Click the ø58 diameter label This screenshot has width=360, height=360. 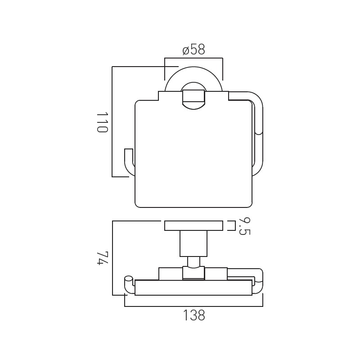(193, 50)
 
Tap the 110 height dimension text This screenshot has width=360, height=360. (102, 122)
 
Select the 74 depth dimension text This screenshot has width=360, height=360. (102, 258)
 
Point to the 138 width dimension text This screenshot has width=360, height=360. (194, 315)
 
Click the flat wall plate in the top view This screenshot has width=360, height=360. (193, 226)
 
